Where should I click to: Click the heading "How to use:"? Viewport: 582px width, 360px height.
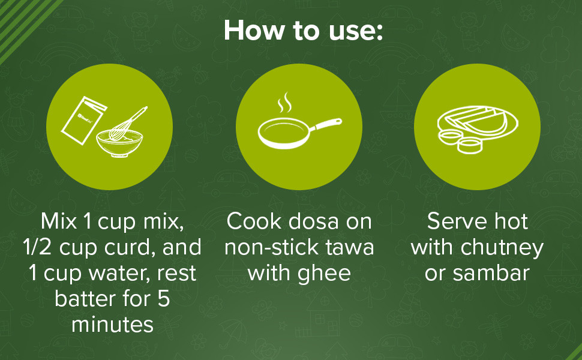point(303,30)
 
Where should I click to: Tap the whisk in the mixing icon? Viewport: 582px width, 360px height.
point(128,124)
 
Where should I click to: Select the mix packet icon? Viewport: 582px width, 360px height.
point(84,120)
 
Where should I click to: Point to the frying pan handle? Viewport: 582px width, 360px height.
point(326,124)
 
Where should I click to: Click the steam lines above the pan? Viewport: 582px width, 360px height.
point(285,103)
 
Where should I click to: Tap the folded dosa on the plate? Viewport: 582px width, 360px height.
point(478,119)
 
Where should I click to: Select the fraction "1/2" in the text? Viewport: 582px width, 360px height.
point(37,247)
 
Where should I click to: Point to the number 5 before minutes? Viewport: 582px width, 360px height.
point(164,299)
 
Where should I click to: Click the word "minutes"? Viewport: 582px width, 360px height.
point(112,325)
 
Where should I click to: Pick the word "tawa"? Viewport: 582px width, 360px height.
point(349,248)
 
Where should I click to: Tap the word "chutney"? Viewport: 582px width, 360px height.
point(502,248)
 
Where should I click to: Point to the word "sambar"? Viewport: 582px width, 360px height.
point(491,273)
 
